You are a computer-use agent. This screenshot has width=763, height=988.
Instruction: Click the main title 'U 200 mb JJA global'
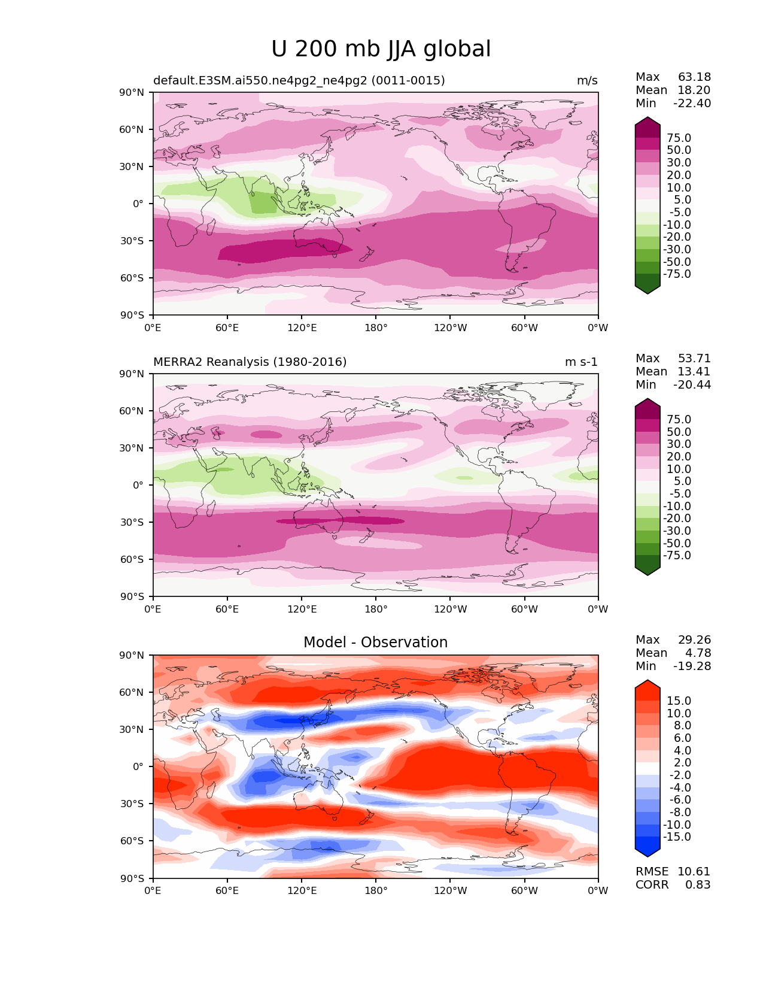pos(381,49)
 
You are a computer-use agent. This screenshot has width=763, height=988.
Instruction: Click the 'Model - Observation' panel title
pos(375,642)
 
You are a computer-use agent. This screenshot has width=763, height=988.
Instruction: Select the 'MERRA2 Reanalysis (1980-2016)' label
pos(250,362)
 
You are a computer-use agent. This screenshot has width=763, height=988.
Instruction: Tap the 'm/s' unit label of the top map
pos(586,81)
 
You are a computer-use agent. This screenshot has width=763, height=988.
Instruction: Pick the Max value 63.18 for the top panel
pos(694,77)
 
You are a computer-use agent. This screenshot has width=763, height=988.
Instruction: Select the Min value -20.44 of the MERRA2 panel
pos(692,385)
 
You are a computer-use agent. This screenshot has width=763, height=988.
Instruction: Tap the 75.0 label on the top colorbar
pos(679,138)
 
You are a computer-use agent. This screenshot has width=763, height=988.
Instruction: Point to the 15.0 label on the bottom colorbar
pos(679,701)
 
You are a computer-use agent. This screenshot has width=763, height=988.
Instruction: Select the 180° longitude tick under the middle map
pos(376,610)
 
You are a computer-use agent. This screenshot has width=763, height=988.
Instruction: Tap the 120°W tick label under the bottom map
pos(450,891)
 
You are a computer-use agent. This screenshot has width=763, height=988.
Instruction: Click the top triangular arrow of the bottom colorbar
pos(648,686)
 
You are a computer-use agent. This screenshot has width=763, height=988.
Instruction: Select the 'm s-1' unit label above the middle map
pos(581,362)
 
